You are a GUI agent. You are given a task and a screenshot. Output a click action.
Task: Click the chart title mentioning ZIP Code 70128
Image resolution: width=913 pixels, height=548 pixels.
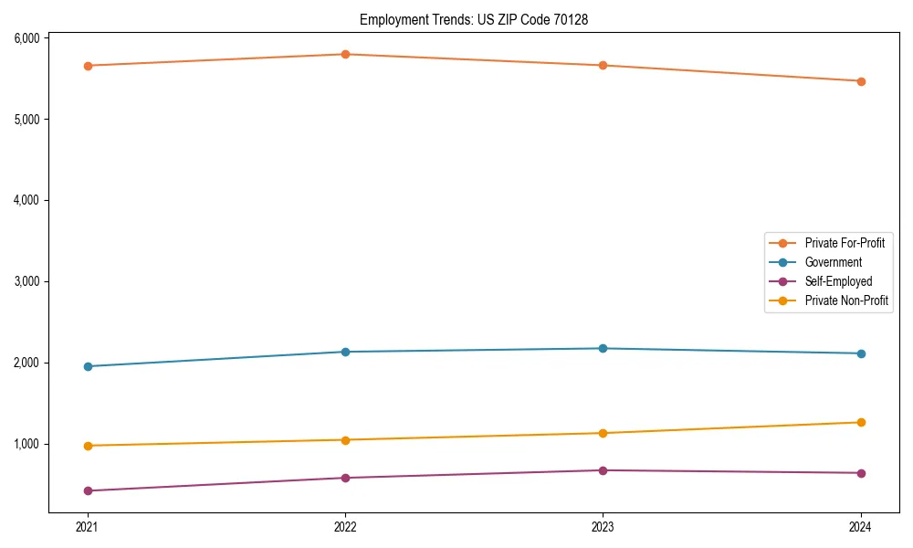coord(480,19)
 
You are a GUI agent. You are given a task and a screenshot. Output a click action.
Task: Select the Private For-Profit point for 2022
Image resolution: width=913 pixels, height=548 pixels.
coord(345,54)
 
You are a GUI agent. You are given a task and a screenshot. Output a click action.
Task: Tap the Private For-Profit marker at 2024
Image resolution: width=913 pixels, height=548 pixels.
coord(861,81)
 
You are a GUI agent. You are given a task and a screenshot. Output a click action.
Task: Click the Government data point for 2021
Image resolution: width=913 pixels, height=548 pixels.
coord(88,366)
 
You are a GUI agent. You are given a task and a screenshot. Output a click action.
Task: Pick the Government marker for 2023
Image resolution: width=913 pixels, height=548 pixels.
coord(603,348)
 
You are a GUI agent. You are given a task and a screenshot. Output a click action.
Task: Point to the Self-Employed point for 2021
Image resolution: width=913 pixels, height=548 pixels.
coord(88,490)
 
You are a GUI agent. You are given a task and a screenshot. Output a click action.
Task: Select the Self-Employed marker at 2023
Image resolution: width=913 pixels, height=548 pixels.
coord(603,470)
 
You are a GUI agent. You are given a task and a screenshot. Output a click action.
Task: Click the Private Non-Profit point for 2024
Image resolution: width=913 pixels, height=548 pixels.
coord(861,422)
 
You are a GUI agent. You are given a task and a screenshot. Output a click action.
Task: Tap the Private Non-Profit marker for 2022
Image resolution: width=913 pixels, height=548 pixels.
coord(345,439)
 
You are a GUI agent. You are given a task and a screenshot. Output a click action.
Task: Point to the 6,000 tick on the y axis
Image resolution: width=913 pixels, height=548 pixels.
coord(26,37)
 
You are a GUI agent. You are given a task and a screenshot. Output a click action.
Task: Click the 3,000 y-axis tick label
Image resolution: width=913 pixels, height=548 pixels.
coord(26,281)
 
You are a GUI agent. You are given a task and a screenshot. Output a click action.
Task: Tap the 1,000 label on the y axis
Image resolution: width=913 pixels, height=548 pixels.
coord(26,444)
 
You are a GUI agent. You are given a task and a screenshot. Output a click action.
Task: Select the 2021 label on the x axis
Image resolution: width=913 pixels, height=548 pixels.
coord(88,527)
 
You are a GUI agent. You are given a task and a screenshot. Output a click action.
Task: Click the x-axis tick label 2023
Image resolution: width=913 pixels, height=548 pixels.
coord(603,527)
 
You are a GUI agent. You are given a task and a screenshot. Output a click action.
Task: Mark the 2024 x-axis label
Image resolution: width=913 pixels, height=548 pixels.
coord(861,527)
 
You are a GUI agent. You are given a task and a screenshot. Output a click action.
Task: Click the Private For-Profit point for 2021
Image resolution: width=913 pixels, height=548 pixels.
coord(88,66)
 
